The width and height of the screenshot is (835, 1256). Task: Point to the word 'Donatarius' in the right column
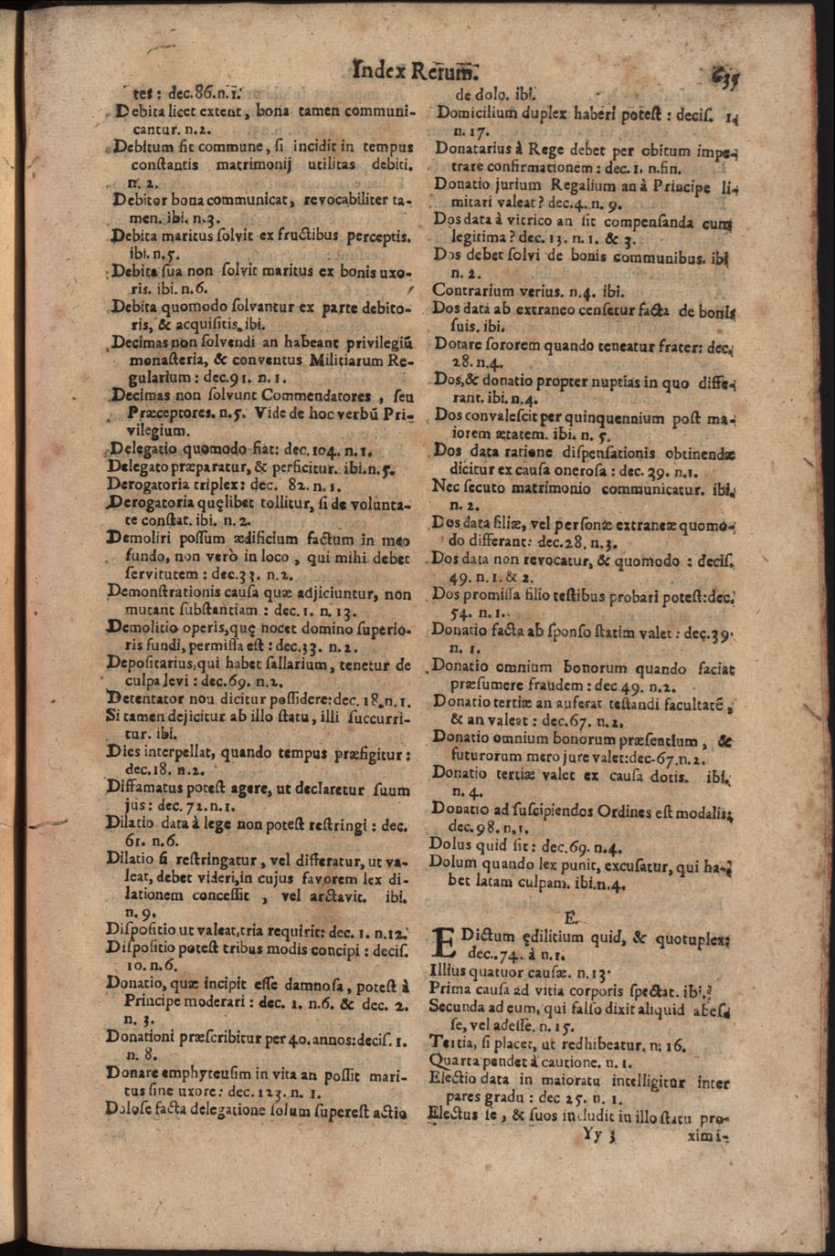[x=475, y=149]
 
